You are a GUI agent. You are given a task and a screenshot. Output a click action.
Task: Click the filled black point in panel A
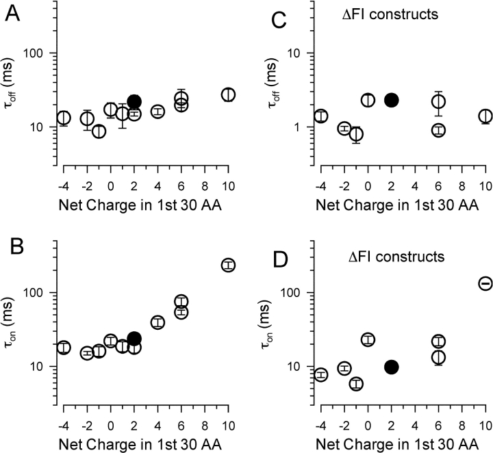[x=134, y=102]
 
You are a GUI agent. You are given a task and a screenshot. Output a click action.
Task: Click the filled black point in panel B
[x=134, y=339]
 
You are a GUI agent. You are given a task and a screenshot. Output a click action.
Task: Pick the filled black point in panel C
[x=392, y=100]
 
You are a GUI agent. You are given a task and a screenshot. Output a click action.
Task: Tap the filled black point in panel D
[x=392, y=367]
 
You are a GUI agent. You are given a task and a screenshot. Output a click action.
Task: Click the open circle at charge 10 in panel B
[x=228, y=265]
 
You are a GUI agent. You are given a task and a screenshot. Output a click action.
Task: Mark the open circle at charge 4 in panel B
[x=157, y=322]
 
